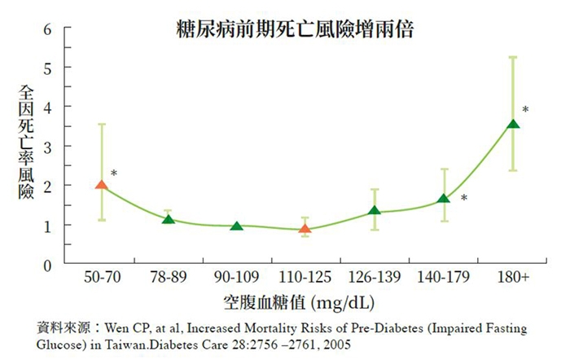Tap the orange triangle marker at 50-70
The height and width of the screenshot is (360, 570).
101,185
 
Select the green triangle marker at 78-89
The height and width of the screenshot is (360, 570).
169,219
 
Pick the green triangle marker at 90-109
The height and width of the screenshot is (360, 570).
237,226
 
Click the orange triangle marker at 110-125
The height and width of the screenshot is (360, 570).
305,230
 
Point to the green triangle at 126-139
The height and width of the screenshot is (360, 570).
374,211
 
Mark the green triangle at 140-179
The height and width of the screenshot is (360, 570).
443,199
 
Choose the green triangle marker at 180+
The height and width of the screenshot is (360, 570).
512,124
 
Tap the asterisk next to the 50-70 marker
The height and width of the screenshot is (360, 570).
114,173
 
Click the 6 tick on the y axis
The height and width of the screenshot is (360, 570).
46,29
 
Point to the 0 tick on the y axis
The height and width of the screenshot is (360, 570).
46,265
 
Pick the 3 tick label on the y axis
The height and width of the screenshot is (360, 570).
46,147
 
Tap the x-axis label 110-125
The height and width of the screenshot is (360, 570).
305,279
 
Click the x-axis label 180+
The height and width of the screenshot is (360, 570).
513,279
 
